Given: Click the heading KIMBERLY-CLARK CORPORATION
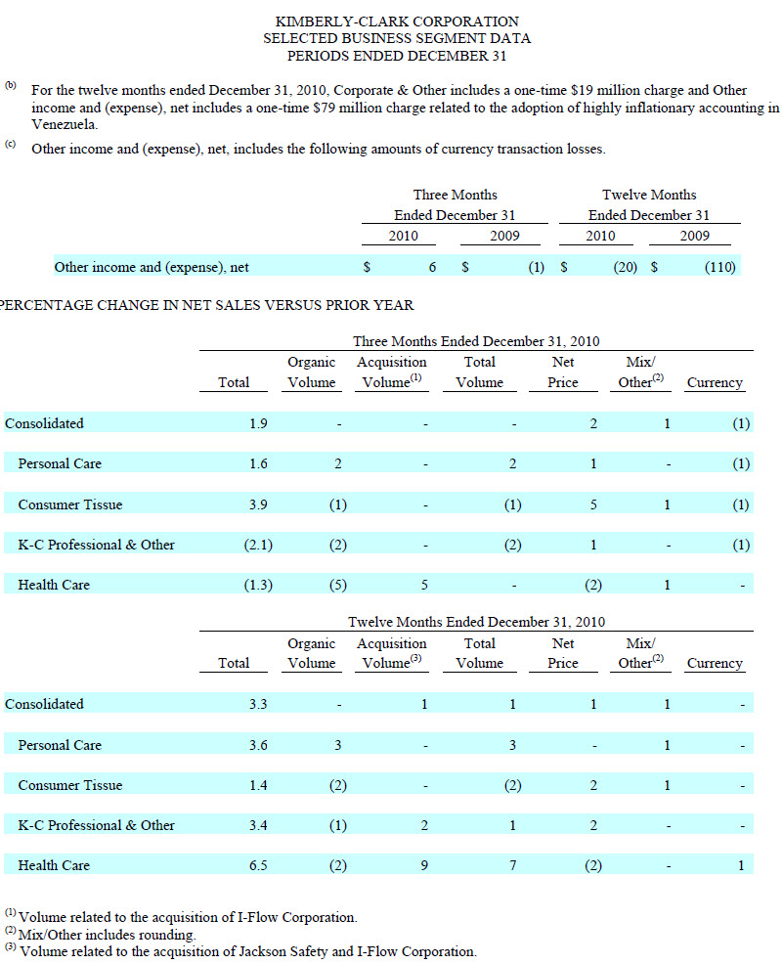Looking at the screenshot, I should coord(397,22).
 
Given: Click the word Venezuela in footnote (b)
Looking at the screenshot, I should coord(65,125).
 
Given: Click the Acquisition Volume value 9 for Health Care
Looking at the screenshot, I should coord(424,865).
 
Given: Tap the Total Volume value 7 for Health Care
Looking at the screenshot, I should coord(512,865).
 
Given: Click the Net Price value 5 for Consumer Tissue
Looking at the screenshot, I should coord(592,504).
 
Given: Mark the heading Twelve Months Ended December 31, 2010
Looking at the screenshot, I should coord(476,622).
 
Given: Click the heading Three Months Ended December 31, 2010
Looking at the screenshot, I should coord(476,341).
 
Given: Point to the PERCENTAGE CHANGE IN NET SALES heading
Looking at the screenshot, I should coord(206,305).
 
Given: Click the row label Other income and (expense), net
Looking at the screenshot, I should coord(152,266).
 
